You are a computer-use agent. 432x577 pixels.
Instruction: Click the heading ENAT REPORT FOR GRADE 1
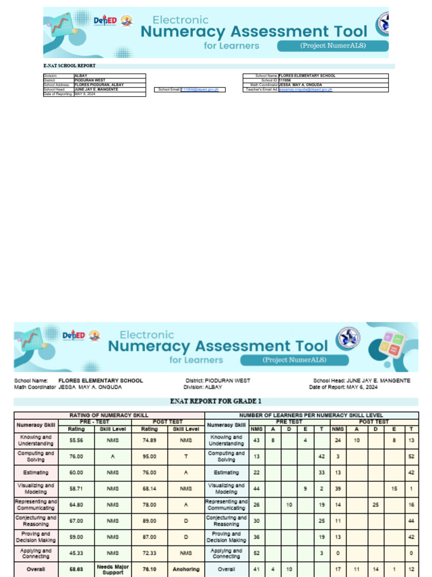(x=216, y=401)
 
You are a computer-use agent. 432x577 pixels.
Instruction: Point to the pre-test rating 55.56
(x=76, y=440)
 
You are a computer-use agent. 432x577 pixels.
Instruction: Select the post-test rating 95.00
(x=150, y=456)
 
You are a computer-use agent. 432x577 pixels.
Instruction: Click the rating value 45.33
(x=76, y=554)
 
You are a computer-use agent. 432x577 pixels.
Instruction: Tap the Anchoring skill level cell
(x=186, y=569)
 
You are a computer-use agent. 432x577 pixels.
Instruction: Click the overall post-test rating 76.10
(x=150, y=569)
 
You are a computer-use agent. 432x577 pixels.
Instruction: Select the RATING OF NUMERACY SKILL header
(x=109, y=415)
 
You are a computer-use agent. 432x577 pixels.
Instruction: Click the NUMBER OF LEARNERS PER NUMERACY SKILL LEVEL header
(x=311, y=415)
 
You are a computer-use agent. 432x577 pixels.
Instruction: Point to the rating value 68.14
(x=150, y=489)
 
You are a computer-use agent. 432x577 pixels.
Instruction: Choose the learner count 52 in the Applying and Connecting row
(x=256, y=554)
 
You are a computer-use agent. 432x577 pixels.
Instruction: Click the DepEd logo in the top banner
(x=105, y=21)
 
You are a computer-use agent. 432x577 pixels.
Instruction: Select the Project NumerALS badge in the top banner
(x=332, y=46)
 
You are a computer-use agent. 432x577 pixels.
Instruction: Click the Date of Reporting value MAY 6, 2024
(x=85, y=94)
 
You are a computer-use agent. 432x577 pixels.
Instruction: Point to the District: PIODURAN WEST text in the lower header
(x=218, y=380)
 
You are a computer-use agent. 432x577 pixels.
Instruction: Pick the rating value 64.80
(x=76, y=505)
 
